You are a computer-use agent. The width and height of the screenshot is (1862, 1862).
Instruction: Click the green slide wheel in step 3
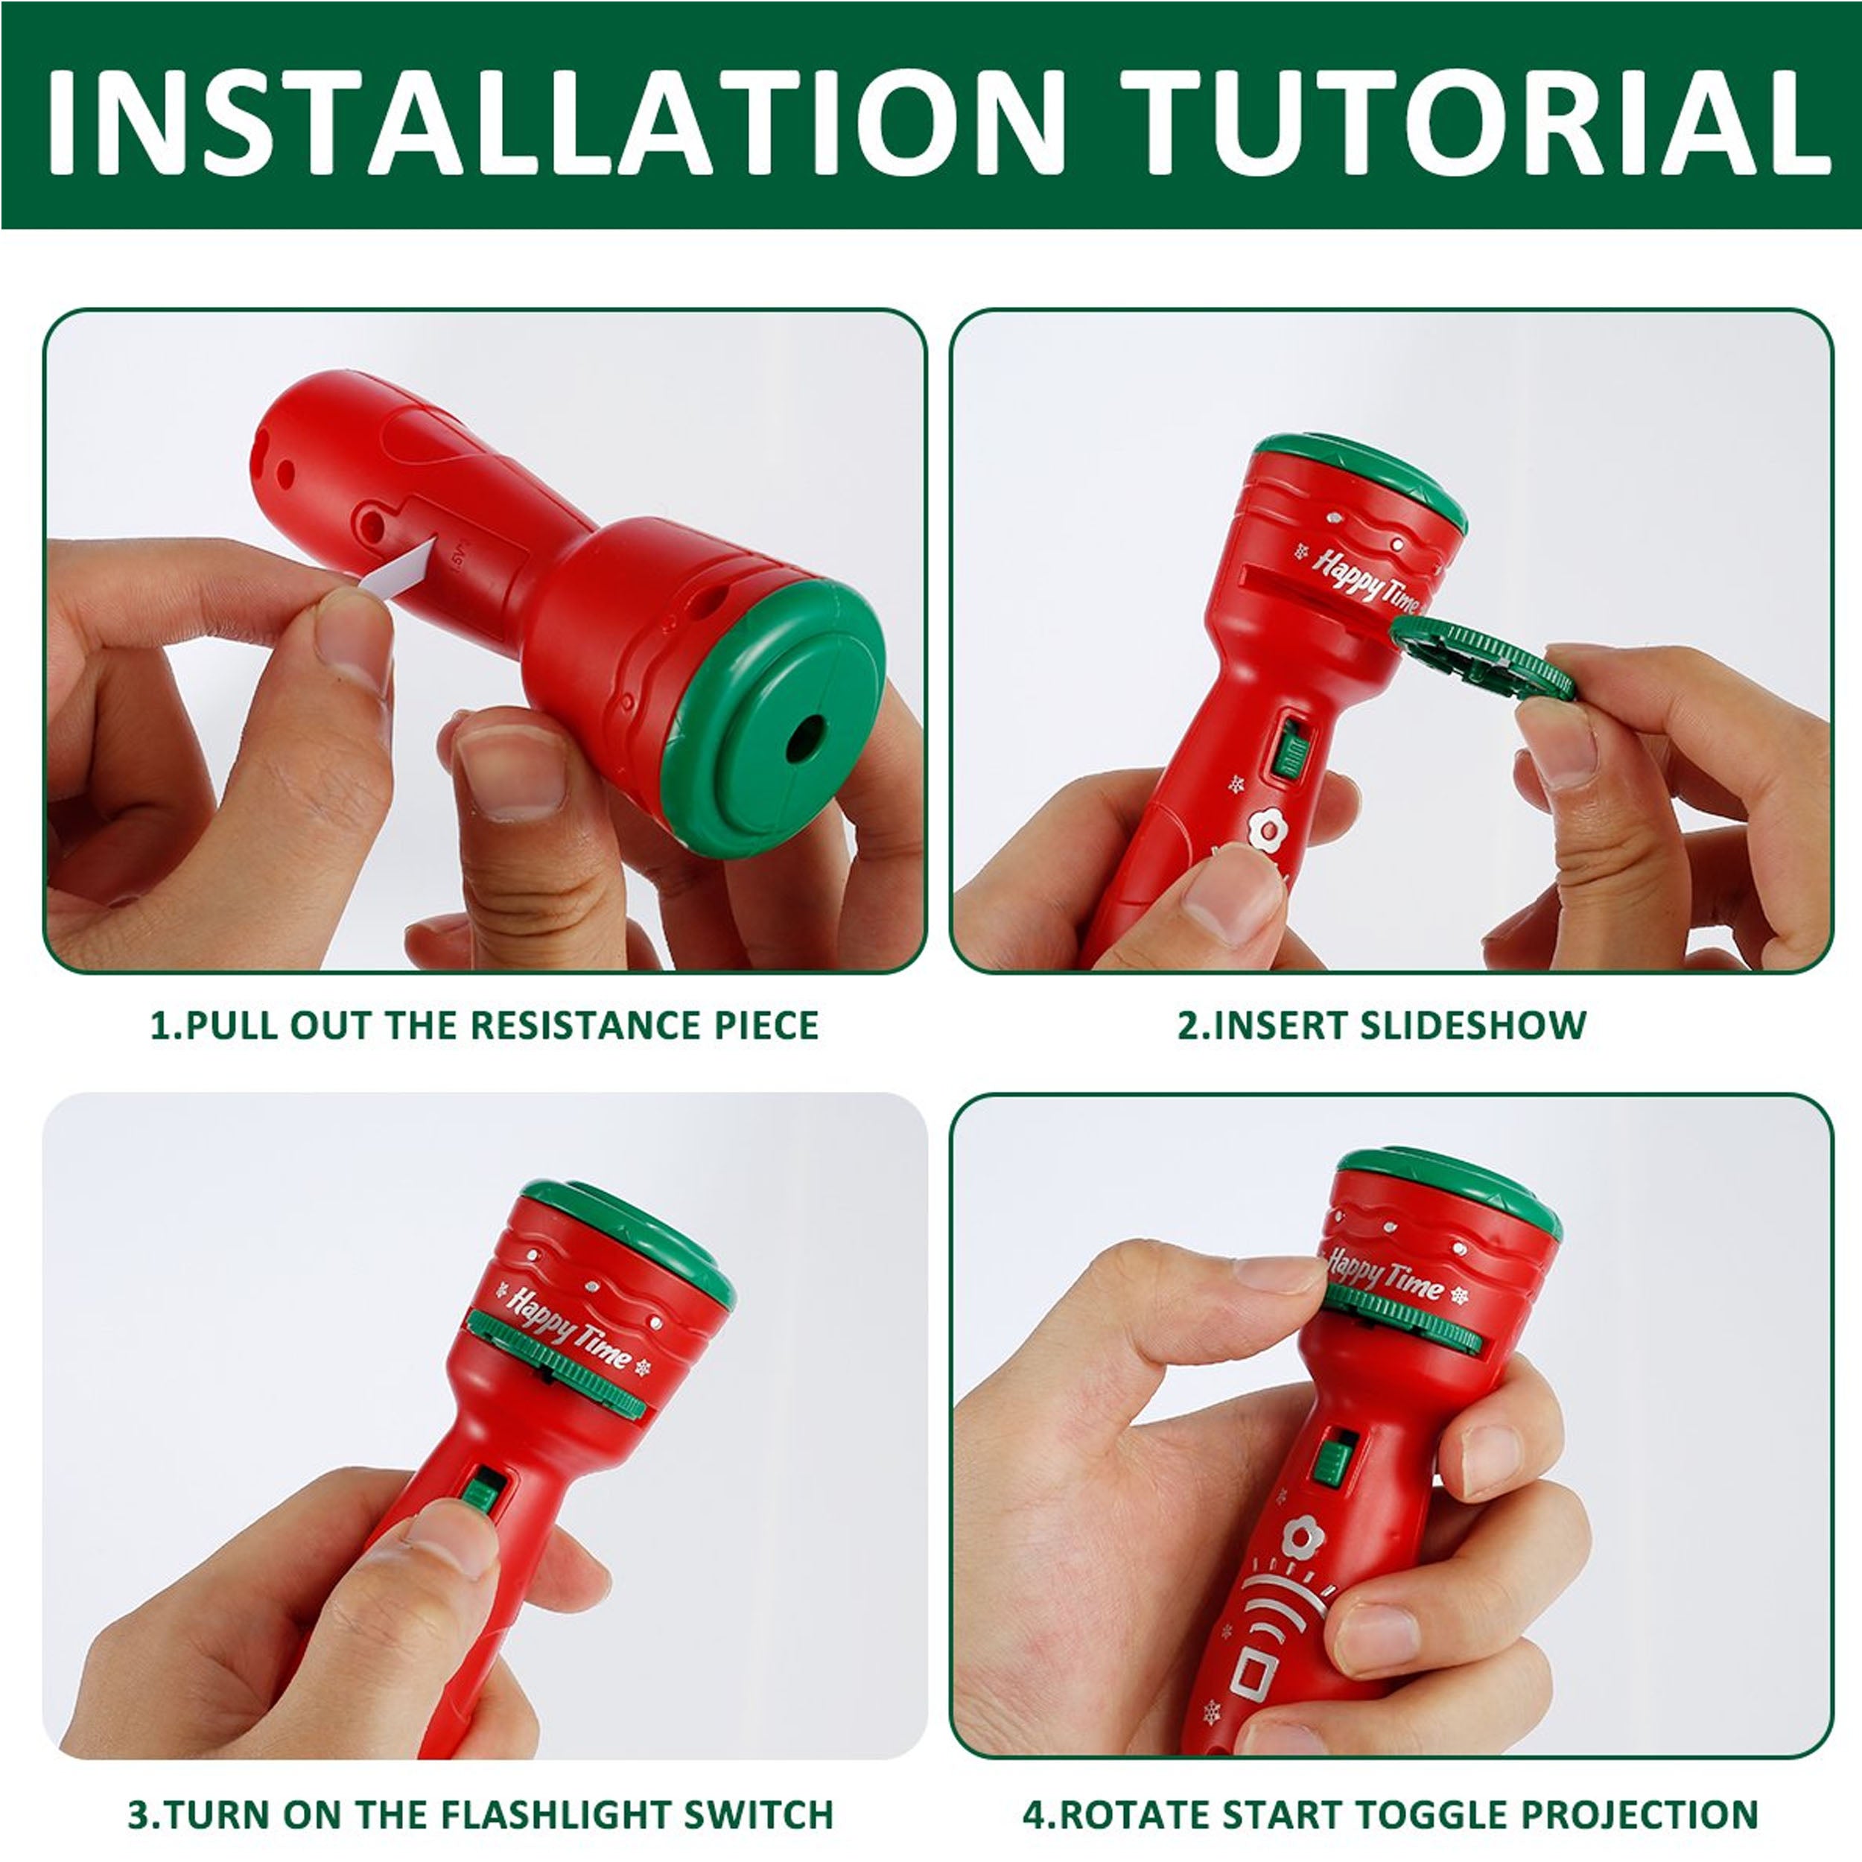[557, 1361]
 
